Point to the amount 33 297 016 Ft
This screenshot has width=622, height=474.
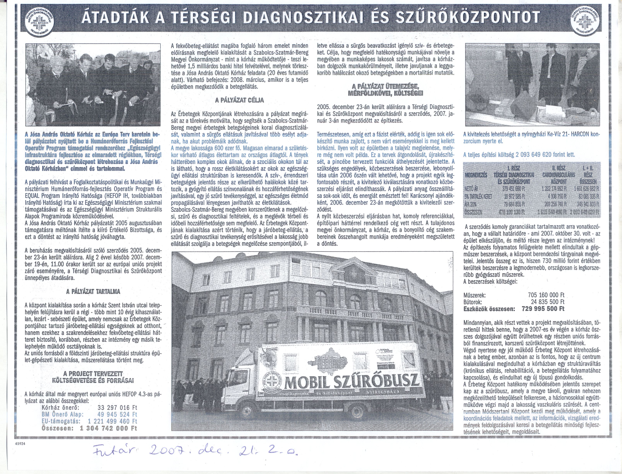click(117, 407)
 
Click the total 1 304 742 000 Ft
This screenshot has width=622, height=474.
click(108, 428)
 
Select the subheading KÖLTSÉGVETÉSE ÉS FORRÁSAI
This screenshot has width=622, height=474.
click(93, 380)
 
